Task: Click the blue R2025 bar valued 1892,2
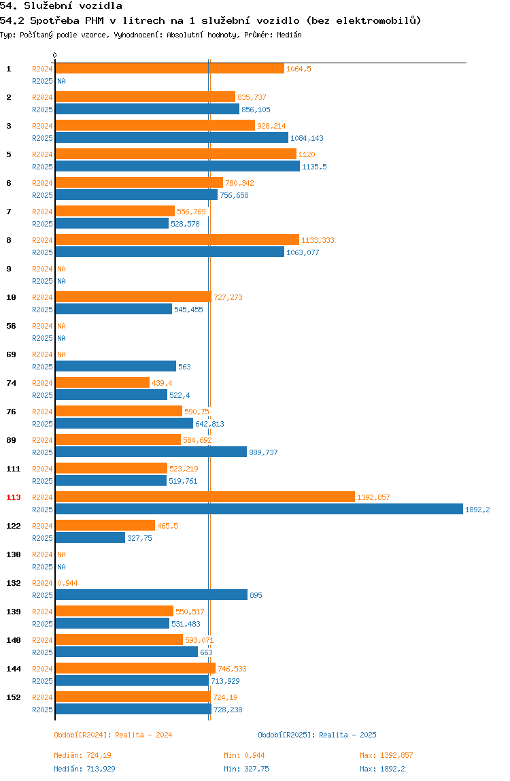[259, 509]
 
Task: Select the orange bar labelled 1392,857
[205, 497]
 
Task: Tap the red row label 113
[14, 497]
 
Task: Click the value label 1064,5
[299, 69]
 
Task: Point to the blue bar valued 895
[152, 595]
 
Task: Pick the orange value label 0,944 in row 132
[68, 583]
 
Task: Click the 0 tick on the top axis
[55, 55]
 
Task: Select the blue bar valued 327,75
[90, 537]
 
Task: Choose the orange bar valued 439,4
[102, 382]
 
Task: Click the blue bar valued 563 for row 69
[116, 366]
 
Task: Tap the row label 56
[11, 326]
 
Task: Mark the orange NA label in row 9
[61, 269]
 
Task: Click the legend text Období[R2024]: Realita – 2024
[113, 735]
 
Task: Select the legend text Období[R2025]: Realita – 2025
[318, 735]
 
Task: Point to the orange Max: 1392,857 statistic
[386, 755]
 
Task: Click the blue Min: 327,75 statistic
[246, 769]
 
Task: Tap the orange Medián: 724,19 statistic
[83, 755]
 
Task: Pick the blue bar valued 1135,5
[177, 167]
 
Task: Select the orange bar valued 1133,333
[177, 239]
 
